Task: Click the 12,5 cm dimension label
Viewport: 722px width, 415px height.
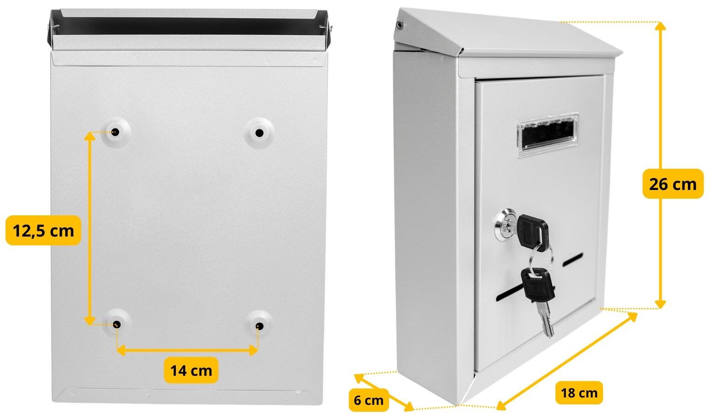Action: tap(43, 231)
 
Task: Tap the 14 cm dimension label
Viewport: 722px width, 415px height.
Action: tap(191, 370)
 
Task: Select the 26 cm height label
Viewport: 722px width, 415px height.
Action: tap(673, 184)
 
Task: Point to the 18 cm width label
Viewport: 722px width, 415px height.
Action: tap(579, 393)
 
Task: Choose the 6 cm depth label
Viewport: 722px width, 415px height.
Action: tap(369, 400)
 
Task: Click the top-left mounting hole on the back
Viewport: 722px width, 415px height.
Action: tap(115, 132)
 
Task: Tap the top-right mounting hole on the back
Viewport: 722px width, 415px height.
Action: tap(259, 133)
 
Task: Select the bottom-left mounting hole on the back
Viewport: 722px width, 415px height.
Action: tap(117, 324)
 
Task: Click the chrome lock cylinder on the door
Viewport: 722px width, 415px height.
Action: tap(505, 225)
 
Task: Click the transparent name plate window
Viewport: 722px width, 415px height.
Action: tap(548, 135)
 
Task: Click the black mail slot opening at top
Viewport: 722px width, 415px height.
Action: tap(188, 26)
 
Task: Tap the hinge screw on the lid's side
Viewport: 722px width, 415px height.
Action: tap(400, 25)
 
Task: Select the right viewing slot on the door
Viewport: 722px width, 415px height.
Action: tap(573, 260)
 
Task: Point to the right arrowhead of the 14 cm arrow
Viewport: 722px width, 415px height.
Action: tap(253, 350)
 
